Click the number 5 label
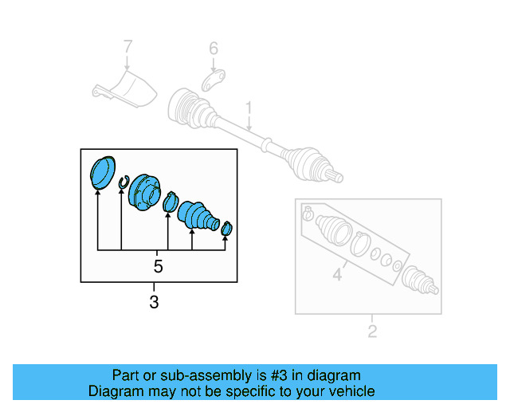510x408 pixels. tap(158, 266)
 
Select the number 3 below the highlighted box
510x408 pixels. tap(154, 302)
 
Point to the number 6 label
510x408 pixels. tap(214, 49)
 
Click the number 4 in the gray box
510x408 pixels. tap(337, 277)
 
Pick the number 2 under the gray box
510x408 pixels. tap(372, 331)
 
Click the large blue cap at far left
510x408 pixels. tap(101, 174)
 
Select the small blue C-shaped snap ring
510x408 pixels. tap(123, 185)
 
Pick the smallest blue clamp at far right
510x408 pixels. tap(226, 229)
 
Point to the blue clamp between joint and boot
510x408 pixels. tap(170, 203)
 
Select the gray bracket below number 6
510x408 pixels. tap(213, 80)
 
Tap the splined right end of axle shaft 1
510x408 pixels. tap(335, 173)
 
